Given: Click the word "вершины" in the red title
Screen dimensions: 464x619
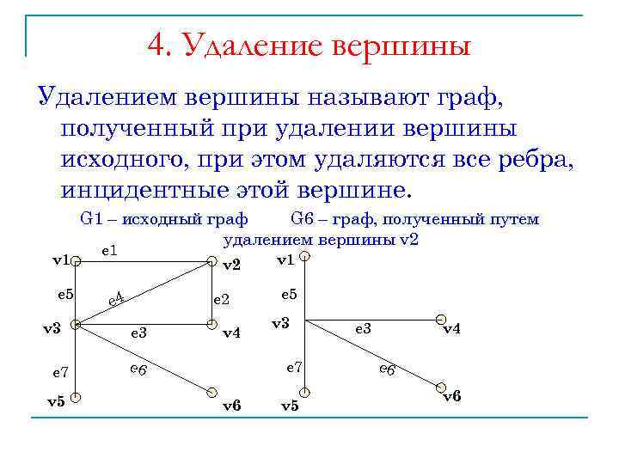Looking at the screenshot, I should pos(398,44).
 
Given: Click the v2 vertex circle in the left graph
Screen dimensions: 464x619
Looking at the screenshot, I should pos(211,260).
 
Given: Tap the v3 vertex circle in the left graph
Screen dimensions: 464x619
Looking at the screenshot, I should pos(76,325).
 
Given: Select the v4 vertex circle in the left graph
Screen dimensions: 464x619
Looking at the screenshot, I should pos(211,324).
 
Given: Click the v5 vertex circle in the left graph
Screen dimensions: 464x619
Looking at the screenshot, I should pos(76,397).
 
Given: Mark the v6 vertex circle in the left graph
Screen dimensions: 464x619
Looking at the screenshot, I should pos(211,391).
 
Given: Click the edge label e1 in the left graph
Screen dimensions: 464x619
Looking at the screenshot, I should pos(109,250).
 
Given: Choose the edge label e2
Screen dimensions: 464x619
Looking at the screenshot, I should pos(221,299).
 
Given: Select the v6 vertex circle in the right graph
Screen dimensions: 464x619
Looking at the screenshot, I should pos(441,388).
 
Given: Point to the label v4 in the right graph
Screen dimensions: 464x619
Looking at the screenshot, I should pos(451,329).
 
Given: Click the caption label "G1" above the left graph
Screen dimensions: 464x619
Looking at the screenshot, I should pos(91,219).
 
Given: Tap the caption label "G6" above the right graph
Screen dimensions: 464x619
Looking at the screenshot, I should pos(303,219).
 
